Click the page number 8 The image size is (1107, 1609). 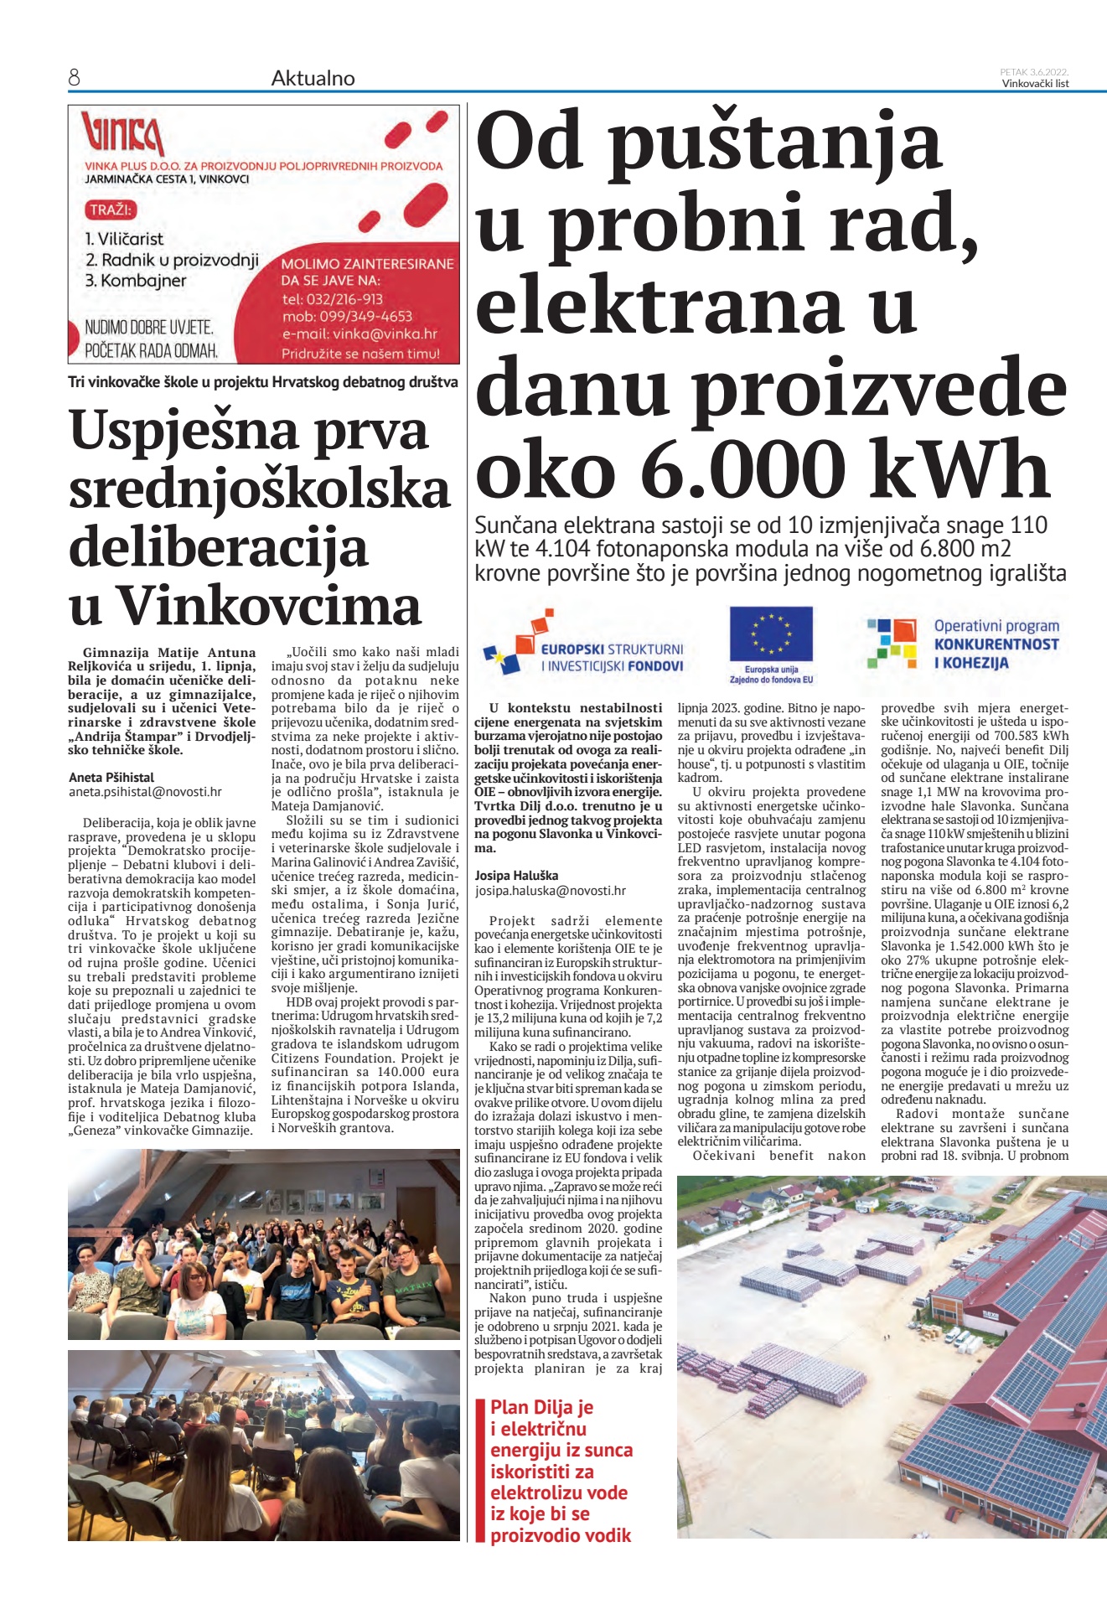pos(74,78)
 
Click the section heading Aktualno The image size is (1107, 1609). pos(313,78)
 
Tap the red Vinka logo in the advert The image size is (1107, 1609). pos(122,134)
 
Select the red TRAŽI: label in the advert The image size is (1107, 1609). pos(111,210)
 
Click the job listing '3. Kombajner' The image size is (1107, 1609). pos(136,281)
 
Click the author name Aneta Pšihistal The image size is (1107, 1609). pos(111,777)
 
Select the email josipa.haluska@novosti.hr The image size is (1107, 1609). pos(550,891)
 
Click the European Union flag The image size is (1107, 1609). pos(771,634)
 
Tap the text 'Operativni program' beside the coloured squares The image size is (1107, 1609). pos(996,626)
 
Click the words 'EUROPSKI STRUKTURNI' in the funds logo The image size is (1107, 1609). pos(612,649)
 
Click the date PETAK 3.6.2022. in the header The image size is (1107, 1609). pos(1034,72)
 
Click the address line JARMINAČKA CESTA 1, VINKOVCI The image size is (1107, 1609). pos(167,179)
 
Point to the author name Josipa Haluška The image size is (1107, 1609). pos(516,876)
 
